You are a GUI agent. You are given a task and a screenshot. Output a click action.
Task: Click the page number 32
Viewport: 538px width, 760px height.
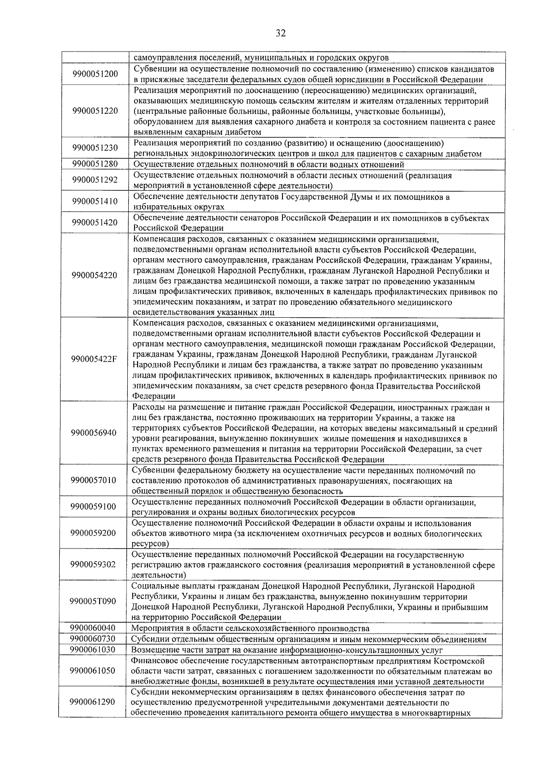(x=281, y=34)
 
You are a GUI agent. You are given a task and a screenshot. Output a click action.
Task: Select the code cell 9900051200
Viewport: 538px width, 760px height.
(x=95, y=74)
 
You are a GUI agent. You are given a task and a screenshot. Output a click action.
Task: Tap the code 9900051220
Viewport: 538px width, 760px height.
(x=95, y=111)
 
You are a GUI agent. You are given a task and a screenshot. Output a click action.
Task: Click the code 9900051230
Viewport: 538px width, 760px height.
(x=95, y=148)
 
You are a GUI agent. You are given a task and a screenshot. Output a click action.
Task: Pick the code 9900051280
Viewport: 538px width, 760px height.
(x=95, y=164)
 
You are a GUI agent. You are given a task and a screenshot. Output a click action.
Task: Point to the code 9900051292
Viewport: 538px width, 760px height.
(x=95, y=180)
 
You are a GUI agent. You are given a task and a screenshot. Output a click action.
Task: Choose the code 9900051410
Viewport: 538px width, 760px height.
(x=95, y=201)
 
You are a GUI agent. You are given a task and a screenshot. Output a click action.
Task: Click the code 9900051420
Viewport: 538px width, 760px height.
(x=95, y=223)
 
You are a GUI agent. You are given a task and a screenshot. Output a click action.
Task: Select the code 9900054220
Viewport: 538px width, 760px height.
(x=94, y=275)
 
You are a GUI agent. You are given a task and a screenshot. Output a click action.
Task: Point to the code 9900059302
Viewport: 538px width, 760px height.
(x=93, y=564)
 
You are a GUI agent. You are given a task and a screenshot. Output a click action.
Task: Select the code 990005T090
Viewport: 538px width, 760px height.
(x=93, y=601)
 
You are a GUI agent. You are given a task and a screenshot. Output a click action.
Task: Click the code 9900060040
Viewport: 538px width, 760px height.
(x=93, y=628)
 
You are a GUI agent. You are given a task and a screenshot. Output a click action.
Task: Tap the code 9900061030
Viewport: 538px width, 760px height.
(x=93, y=649)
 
